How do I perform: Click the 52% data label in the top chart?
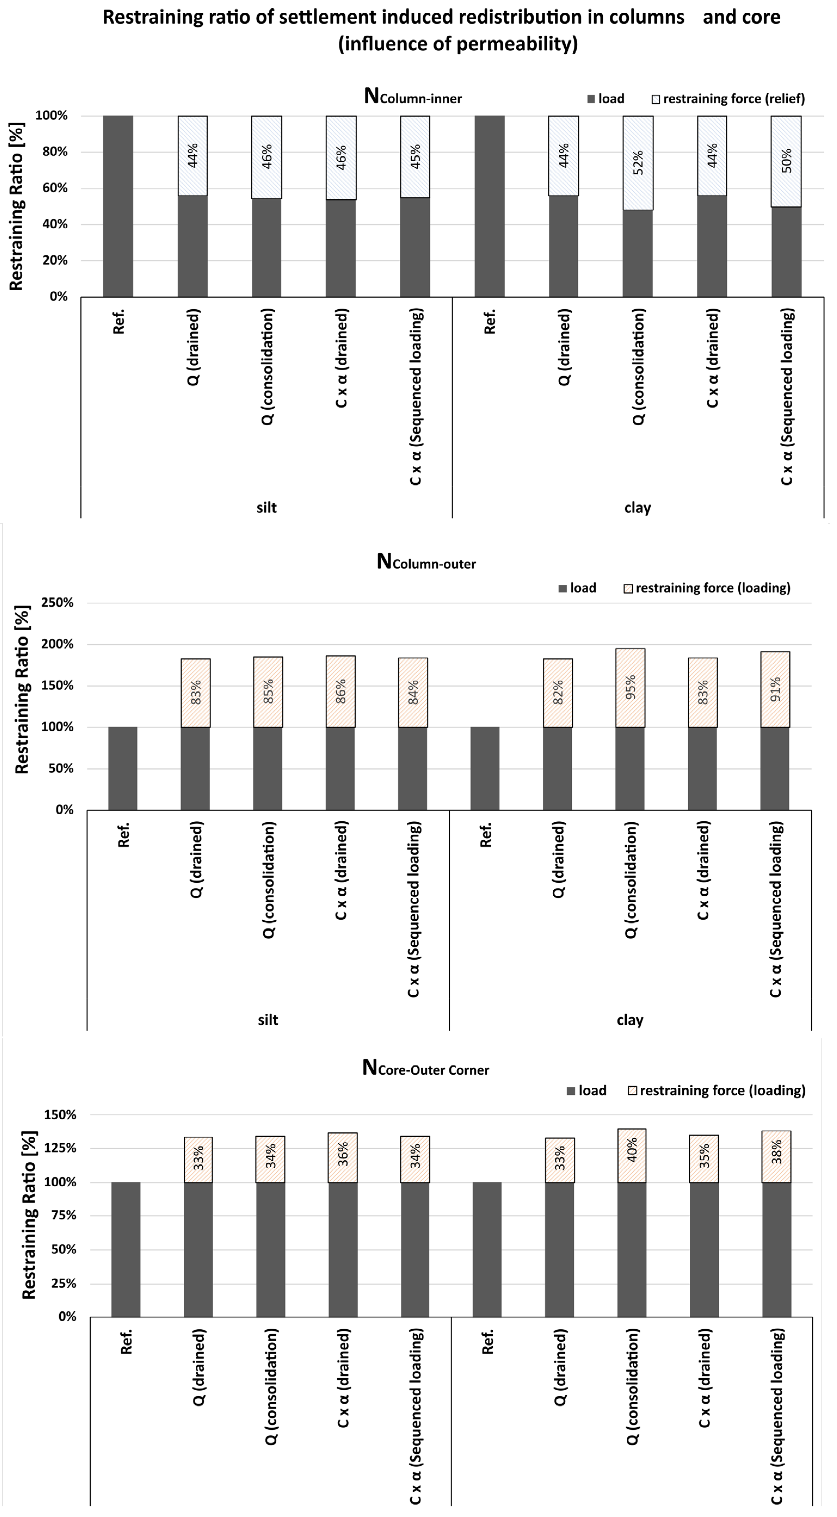click(639, 163)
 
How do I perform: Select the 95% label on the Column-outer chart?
click(630, 687)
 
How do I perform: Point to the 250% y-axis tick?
click(57, 603)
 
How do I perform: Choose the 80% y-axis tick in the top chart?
click(52, 152)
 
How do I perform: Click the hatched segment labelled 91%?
click(775, 689)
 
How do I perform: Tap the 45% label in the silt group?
click(415, 157)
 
